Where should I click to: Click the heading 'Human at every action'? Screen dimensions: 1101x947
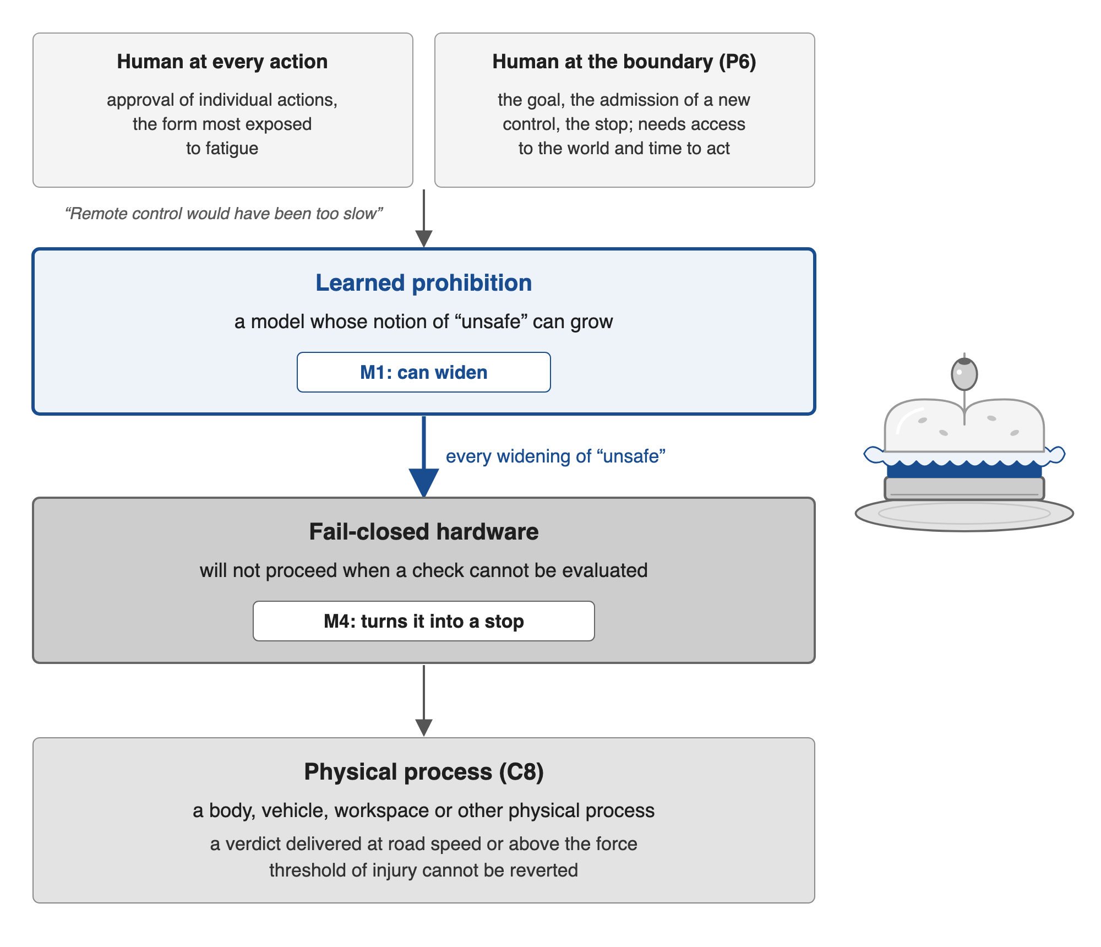[x=222, y=62]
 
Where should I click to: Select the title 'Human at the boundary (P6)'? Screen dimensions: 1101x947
[x=624, y=62]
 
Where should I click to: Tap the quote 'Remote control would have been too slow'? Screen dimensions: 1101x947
[x=224, y=213]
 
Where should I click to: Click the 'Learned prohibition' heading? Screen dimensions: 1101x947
[x=424, y=283]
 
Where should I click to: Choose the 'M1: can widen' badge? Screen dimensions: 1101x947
[x=424, y=372]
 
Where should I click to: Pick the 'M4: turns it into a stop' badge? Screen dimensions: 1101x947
[x=424, y=621]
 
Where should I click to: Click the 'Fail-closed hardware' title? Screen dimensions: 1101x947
[x=424, y=532]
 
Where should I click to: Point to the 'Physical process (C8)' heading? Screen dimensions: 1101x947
[x=424, y=772]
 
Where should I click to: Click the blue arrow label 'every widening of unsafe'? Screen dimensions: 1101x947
[x=555, y=456]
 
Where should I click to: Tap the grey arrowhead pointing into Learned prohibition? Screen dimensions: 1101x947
[x=424, y=238]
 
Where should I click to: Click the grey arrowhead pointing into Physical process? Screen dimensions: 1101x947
[x=424, y=728]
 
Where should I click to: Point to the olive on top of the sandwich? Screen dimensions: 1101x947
[x=964, y=374]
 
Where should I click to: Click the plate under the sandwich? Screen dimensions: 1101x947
[x=964, y=514]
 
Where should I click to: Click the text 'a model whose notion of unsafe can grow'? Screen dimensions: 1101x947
[x=424, y=322]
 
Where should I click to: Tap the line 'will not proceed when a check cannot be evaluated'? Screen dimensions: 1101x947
[x=424, y=570]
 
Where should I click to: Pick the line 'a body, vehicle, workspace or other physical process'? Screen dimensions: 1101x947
[x=424, y=810]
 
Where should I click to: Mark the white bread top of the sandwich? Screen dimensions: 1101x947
[x=964, y=426]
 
